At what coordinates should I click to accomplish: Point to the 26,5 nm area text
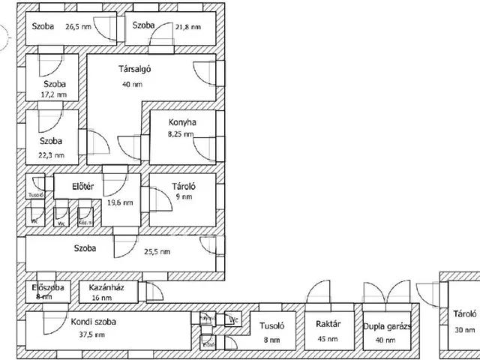pyautogui.click(x=79, y=26)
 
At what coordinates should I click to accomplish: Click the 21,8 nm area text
pyautogui.click(x=189, y=26)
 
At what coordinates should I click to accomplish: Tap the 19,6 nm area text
pyautogui.click(x=120, y=202)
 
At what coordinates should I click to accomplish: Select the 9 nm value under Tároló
pyautogui.click(x=183, y=197)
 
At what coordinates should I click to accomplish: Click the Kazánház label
pyautogui.click(x=106, y=287)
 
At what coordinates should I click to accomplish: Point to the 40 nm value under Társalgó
pyautogui.click(x=132, y=84)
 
